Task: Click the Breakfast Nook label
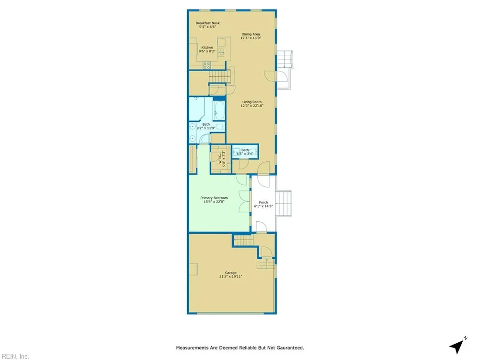pyautogui.click(x=207, y=23)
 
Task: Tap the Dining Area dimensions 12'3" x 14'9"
pyautogui.click(x=251, y=38)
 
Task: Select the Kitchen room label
pyautogui.click(x=207, y=48)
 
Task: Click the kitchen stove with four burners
pyautogui.click(x=206, y=65)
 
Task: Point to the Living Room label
pyautogui.click(x=252, y=102)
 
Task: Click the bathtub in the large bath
pyautogui.click(x=219, y=110)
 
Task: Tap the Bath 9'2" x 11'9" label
pyautogui.click(x=206, y=126)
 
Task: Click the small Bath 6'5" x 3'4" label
pyautogui.click(x=245, y=152)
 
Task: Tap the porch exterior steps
pyautogui.click(x=284, y=204)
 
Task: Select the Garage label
pyautogui.click(x=230, y=273)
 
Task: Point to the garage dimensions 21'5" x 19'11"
pyautogui.click(x=230, y=276)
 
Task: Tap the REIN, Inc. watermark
pyautogui.click(x=14, y=356)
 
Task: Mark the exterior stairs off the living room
pyautogui.click(x=285, y=59)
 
